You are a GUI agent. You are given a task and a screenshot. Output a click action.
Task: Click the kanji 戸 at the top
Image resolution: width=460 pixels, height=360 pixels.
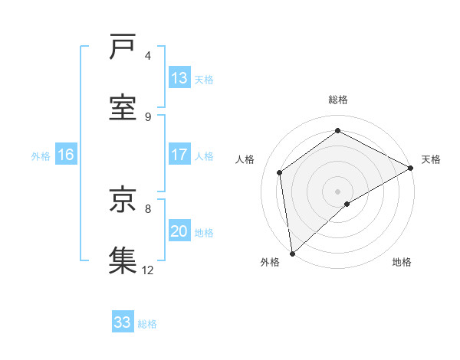122,48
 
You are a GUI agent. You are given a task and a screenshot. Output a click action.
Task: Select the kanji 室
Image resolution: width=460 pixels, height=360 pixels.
122,106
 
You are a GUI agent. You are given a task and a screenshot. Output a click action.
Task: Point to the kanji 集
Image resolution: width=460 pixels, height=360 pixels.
122,259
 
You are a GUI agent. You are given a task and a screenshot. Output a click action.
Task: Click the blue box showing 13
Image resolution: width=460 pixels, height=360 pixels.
179,78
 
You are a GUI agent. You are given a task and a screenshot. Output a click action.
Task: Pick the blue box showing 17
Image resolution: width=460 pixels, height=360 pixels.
179,155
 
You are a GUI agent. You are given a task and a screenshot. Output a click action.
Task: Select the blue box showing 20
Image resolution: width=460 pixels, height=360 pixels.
179,231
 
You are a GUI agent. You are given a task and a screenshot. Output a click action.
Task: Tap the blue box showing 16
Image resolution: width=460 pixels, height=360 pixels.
66,155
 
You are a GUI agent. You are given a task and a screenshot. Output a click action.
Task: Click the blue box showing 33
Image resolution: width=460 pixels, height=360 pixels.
123,322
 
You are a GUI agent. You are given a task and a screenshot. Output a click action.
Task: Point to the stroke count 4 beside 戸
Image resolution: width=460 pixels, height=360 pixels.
148,56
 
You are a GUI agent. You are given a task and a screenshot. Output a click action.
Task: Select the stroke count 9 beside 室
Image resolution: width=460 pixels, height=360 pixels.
148,116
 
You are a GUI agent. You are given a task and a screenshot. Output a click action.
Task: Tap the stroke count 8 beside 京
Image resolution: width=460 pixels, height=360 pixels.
148,208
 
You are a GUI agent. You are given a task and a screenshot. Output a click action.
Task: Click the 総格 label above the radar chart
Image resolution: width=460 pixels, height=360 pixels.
338,100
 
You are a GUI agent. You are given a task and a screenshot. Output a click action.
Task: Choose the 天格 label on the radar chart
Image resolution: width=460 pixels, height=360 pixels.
431,159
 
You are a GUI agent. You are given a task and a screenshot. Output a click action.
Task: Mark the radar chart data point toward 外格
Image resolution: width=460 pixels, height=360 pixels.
292,254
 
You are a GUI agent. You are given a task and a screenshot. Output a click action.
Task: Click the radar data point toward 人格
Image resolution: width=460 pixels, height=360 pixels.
280,172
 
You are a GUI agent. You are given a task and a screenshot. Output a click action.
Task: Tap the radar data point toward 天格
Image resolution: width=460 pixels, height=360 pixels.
411,168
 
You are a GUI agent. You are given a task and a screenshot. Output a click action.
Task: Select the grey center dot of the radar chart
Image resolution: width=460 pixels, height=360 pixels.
338,191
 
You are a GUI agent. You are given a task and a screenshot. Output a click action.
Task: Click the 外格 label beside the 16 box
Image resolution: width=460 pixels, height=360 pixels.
41,156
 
